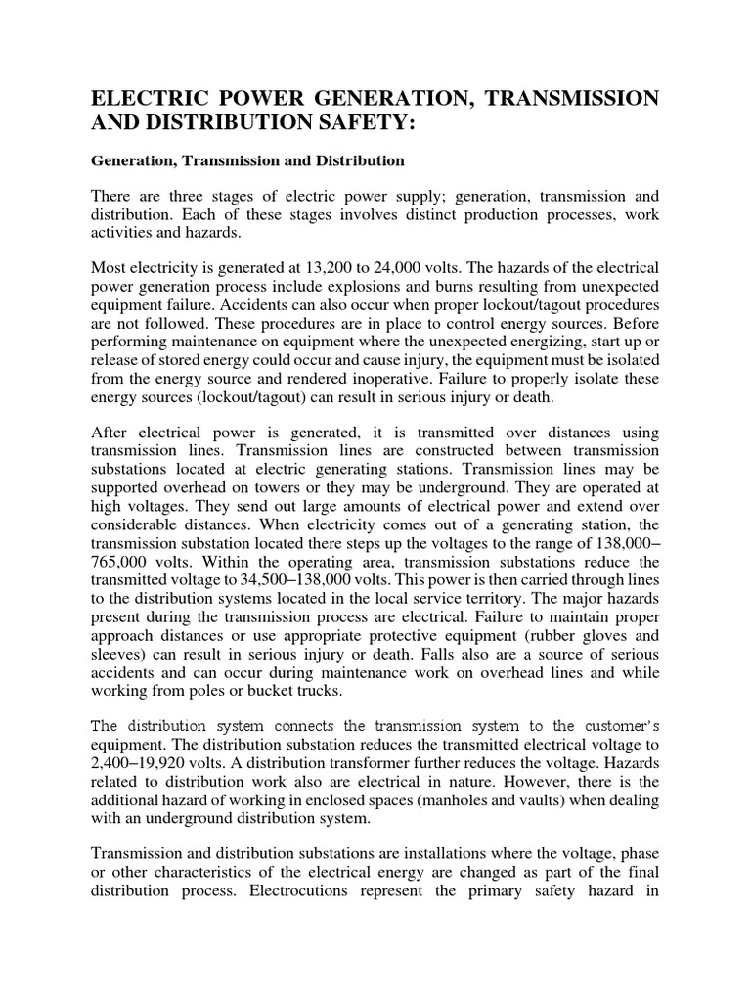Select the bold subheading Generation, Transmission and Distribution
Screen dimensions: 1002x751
pos(247,159)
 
